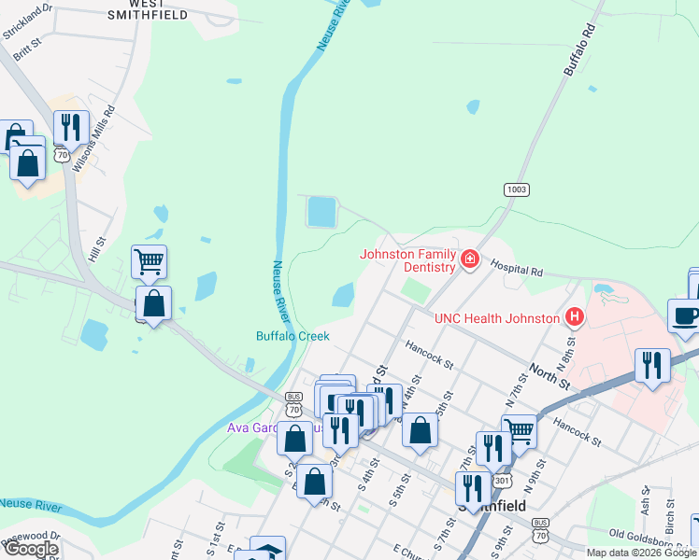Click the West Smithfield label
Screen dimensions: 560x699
point(147,9)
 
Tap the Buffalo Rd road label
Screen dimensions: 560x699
point(580,50)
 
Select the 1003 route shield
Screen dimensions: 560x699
point(517,189)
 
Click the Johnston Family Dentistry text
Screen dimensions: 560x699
point(407,260)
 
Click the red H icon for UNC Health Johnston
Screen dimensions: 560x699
point(575,318)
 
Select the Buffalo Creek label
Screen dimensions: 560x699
point(292,336)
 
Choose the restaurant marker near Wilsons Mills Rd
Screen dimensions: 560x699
point(71,128)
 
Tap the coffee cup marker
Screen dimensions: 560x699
point(685,315)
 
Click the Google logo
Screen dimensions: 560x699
point(31,549)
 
